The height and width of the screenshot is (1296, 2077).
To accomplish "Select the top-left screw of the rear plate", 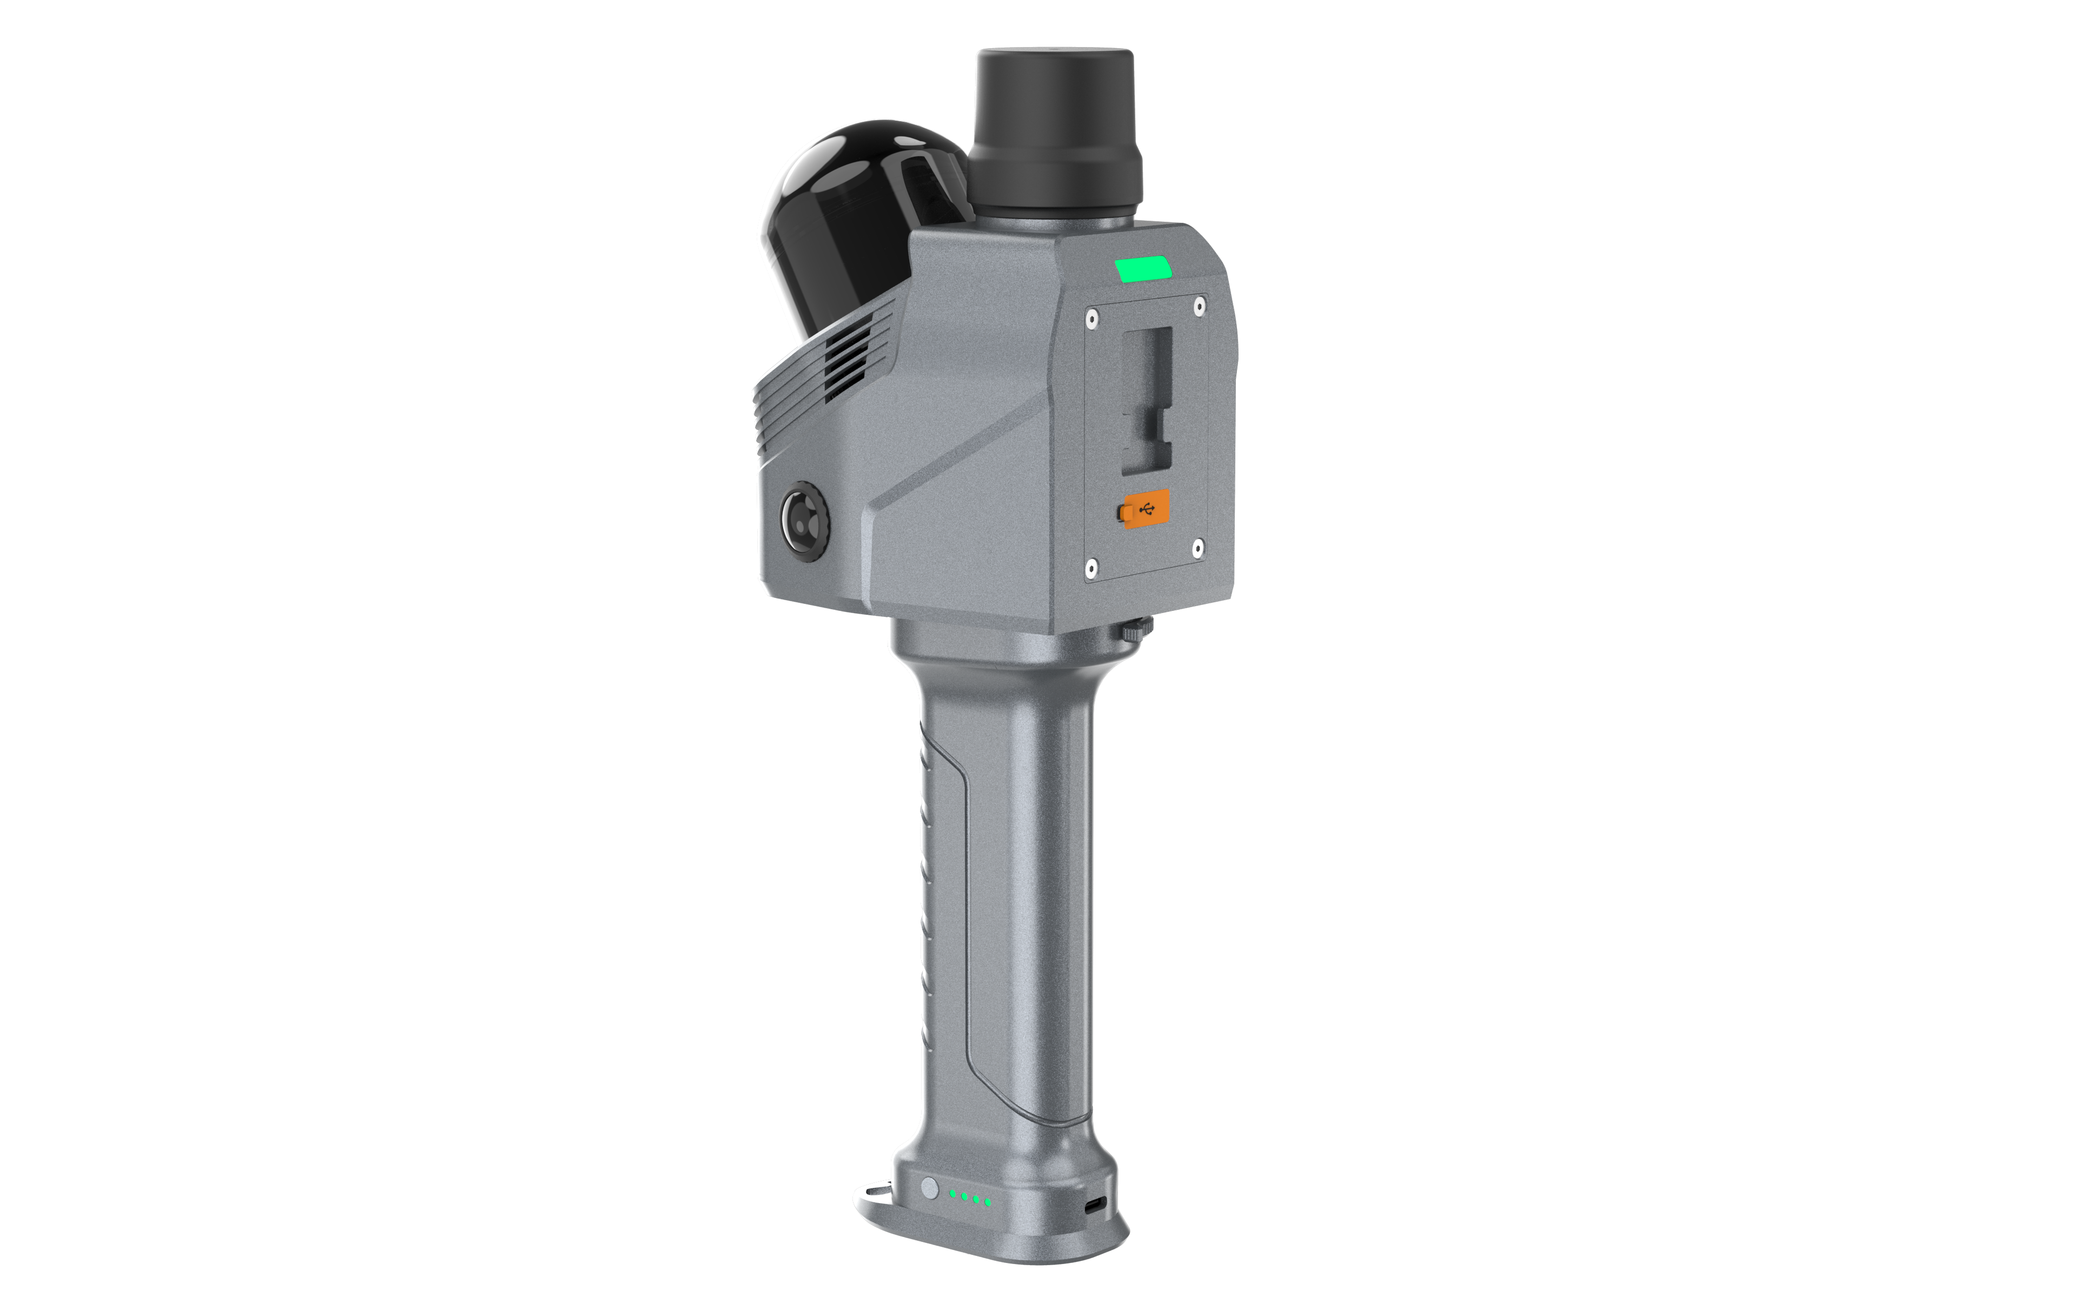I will [x=1091, y=320].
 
